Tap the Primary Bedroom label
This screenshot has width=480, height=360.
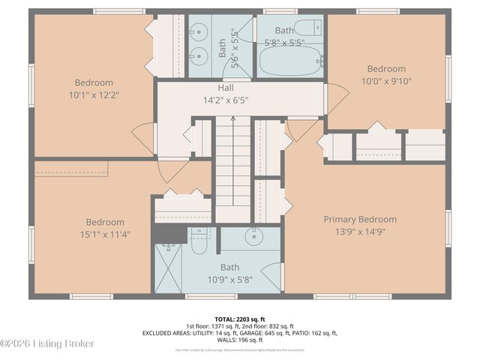(360, 219)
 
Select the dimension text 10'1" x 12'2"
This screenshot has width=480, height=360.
(94, 95)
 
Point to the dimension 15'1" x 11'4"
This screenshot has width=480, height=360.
(104, 234)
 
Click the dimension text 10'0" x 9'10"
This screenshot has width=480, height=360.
(387, 81)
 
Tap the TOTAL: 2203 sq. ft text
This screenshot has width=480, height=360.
(240, 318)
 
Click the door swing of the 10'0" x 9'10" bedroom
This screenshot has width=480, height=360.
(337, 97)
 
